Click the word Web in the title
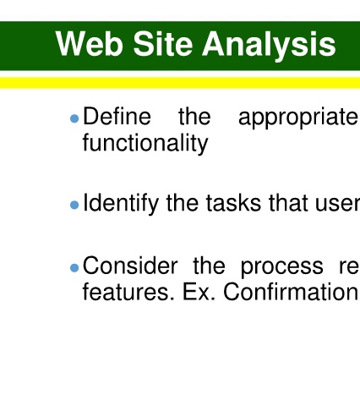click(x=90, y=44)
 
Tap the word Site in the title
click(x=163, y=44)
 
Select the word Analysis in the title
click(x=269, y=46)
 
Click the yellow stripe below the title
click(x=180, y=83)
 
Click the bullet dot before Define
click(x=74, y=118)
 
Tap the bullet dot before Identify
click(x=74, y=205)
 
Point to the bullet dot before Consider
click(x=74, y=268)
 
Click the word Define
click(x=117, y=116)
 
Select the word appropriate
click(x=298, y=118)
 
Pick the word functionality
click(x=145, y=143)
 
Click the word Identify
click(x=121, y=204)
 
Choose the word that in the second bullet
click(x=288, y=203)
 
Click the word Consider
click(x=130, y=266)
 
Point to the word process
click(x=282, y=268)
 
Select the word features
click(x=128, y=292)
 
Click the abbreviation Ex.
click(x=199, y=292)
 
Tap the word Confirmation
click(x=291, y=292)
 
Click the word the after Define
click(x=194, y=116)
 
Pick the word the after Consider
click(x=210, y=266)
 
